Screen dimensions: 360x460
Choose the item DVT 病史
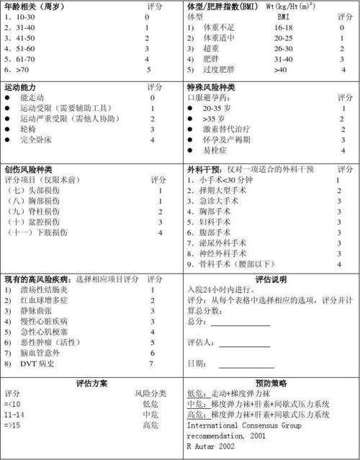pos(36,364)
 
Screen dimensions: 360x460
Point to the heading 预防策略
pos(270,383)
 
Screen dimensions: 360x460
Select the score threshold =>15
pos(13,426)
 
